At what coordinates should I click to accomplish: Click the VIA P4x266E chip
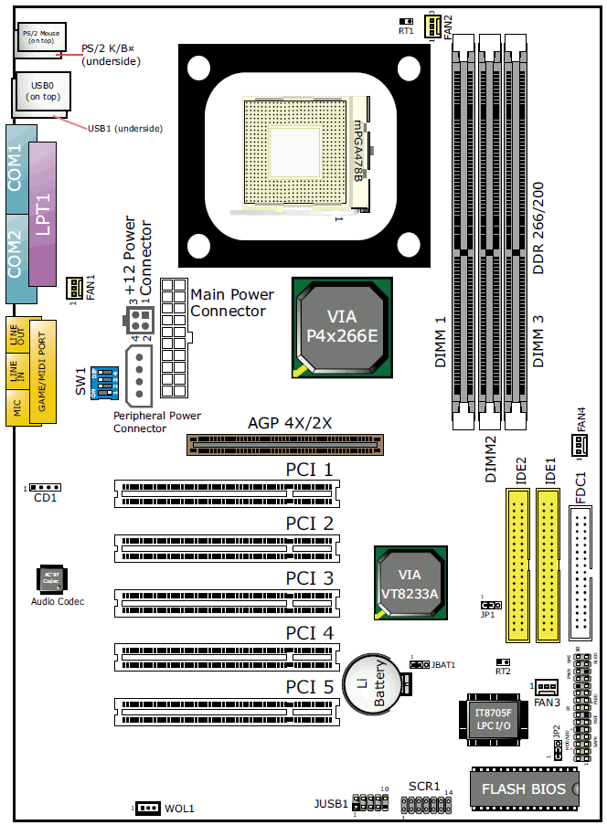click(341, 327)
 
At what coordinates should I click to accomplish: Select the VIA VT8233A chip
click(410, 585)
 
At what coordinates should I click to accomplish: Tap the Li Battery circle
click(370, 682)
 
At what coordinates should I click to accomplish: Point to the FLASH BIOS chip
click(524, 788)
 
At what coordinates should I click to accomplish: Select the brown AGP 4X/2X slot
click(286, 444)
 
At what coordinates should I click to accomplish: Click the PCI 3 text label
click(309, 578)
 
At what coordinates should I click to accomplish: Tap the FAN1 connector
click(73, 289)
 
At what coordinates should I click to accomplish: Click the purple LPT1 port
click(42, 214)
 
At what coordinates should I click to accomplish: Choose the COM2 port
click(16, 255)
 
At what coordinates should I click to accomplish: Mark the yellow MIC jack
click(16, 406)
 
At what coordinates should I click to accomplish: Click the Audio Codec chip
click(50, 579)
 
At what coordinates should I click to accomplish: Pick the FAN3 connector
click(547, 687)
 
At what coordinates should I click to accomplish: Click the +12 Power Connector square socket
click(137, 321)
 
